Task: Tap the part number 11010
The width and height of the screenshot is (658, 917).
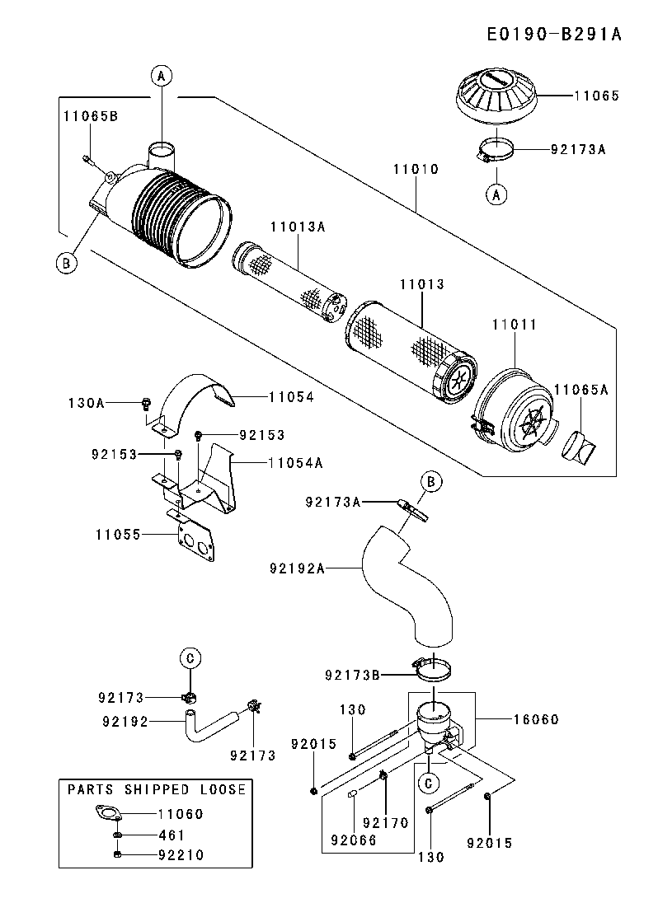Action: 416,169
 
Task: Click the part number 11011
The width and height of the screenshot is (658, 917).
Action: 515,325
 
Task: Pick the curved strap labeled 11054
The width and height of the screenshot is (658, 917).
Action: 198,394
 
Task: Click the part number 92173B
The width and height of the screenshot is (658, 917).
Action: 352,676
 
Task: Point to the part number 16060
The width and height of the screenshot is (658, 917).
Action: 535,719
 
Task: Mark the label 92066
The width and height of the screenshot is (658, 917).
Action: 353,841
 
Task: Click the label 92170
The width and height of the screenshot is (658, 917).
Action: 385,821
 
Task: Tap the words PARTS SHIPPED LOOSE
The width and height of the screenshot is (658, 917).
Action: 157,789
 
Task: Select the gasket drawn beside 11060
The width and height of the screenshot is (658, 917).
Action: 109,814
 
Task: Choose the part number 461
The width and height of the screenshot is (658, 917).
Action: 172,835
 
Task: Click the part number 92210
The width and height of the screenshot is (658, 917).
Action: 181,855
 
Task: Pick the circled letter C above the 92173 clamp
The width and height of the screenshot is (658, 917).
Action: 190,657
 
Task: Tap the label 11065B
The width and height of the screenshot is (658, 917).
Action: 91,116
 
